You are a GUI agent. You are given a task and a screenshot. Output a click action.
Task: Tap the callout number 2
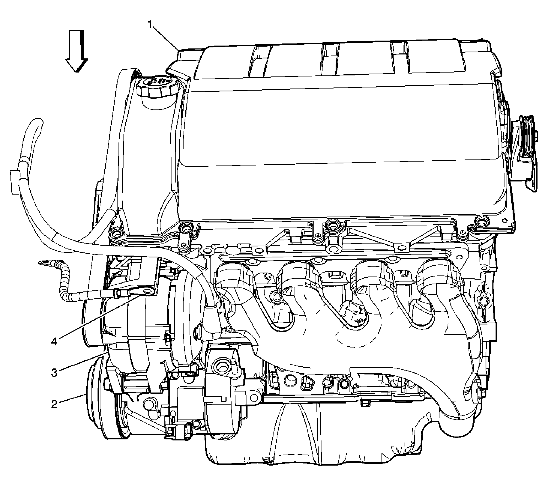click(55, 404)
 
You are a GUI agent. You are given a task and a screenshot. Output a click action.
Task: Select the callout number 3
click(55, 372)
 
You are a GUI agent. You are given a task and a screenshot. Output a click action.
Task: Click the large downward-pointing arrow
click(77, 51)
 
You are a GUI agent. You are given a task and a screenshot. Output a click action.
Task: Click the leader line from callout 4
click(99, 316)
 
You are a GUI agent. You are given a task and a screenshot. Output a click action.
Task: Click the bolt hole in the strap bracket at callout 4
click(147, 291)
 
